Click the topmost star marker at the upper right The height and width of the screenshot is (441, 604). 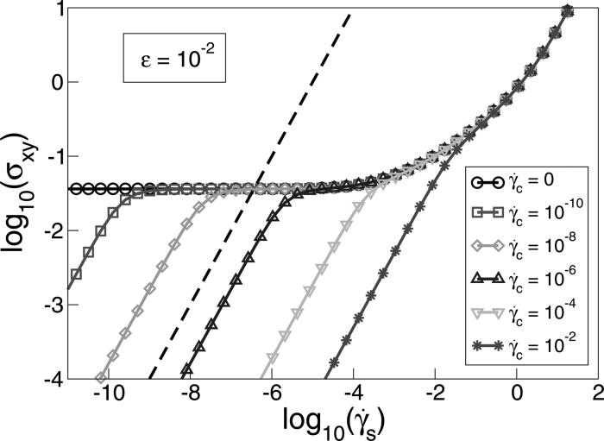(x=567, y=11)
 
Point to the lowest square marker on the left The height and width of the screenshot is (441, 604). (x=76, y=274)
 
